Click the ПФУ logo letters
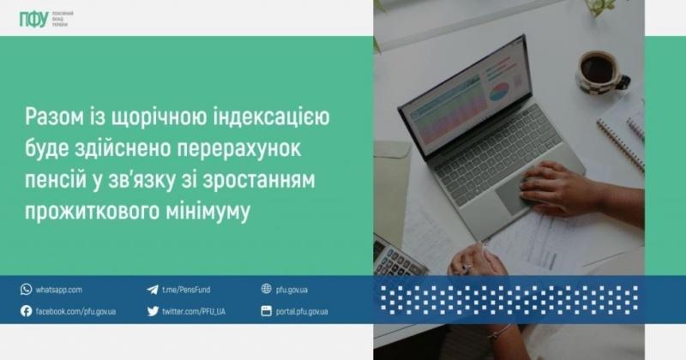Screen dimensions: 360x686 click(33, 19)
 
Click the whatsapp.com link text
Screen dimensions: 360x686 click(59, 290)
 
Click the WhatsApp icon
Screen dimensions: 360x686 click(26, 290)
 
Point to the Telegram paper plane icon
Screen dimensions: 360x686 click(153, 290)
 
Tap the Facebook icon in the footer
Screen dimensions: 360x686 click(26, 311)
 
